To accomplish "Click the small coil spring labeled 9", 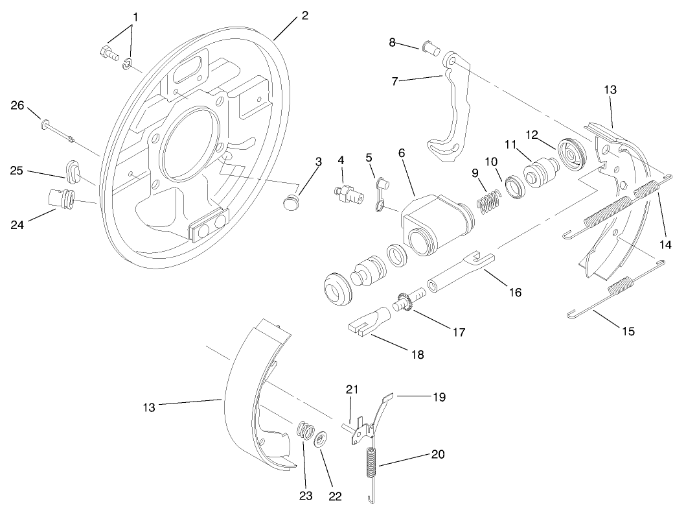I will (x=489, y=199).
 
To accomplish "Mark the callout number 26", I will (x=18, y=106).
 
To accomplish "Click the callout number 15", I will (x=628, y=331).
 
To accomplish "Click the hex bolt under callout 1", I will (x=108, y=53).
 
